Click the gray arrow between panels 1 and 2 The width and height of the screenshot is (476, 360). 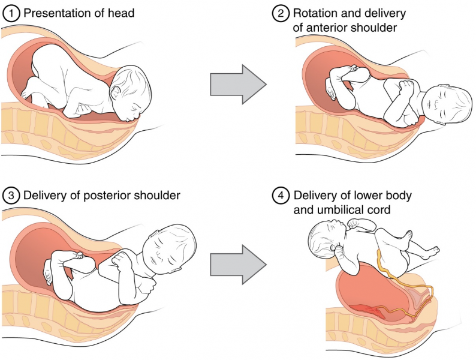(237, 84)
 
